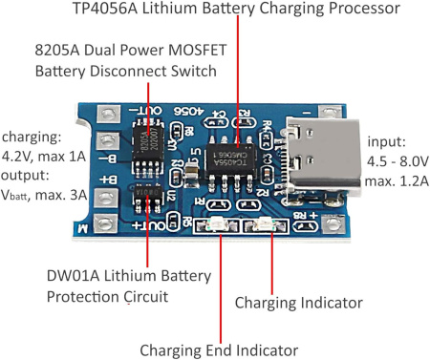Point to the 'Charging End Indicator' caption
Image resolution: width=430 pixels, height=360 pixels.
(219, 349)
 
